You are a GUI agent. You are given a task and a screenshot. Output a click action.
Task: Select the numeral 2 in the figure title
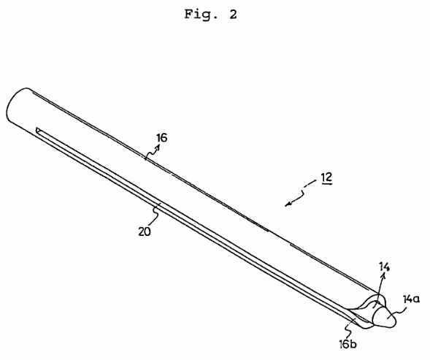tap(233, 15)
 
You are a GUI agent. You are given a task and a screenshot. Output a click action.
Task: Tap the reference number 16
tap(162, 137)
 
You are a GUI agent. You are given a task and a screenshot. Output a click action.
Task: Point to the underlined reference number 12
tap(326, 177)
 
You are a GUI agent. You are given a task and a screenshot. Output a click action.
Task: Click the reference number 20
tap(145, 232)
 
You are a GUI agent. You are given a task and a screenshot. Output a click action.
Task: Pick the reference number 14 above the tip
tap(384, 267)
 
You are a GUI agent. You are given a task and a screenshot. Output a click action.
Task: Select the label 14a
tap(411, 299)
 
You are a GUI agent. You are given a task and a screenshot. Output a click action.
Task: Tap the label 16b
tap(348, 344)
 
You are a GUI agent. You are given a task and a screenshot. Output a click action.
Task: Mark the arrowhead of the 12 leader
tap(288, 204)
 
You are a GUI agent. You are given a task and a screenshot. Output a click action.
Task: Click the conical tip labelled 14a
tap(385, 318)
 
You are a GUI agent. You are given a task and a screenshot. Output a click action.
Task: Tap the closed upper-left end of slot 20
tap(37, 129)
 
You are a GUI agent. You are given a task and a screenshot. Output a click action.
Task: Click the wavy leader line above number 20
tap(156, 215)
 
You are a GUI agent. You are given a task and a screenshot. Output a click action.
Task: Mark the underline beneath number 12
tap(326, 183)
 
